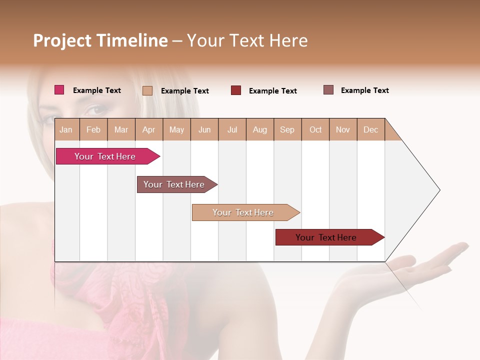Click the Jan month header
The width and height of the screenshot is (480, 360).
[66, 129]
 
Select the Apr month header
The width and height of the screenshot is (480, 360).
[149, 129]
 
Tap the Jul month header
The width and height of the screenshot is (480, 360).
[232, 129]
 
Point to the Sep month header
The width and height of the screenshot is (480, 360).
[287, 129]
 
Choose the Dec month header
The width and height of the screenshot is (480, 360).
[370, 129]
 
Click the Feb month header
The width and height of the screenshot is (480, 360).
[93, 129]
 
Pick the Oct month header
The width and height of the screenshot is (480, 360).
[315, 129]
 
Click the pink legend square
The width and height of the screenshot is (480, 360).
[59, 90]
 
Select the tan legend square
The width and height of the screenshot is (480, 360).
[147, 90]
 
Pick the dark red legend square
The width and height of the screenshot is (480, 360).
[236, 90]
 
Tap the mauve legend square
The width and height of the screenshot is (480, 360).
[328, 90]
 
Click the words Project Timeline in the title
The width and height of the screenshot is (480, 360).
[100, 40]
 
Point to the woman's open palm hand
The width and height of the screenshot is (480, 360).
[425, 262]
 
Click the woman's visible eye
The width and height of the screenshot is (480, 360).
[95, 109]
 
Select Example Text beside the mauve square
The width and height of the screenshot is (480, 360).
[364, 90]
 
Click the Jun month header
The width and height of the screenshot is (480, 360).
[204, 129]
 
